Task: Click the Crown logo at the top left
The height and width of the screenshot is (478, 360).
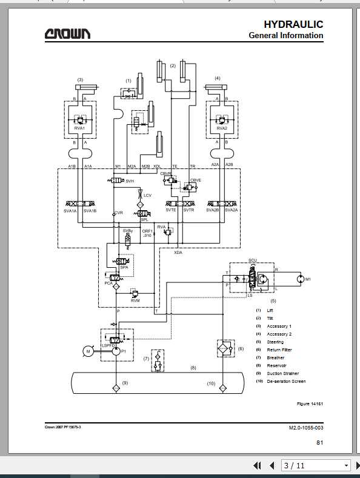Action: point(67,34)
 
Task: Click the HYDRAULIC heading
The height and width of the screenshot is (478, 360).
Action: point(293,24)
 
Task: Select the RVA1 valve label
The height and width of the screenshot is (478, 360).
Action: point(80,128)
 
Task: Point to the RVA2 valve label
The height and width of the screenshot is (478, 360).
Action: point(222,128)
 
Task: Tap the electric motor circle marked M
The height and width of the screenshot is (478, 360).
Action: point(88,351)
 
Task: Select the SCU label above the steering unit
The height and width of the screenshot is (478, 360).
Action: point(253,261)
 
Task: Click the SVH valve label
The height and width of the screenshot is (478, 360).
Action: point(130,181)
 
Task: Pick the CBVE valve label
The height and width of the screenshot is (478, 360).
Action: point(196,181)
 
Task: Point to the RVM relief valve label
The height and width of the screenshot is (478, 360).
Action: point(136,300)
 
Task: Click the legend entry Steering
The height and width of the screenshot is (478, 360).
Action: point(275,342)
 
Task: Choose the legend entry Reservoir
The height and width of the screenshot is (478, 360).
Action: point(276,366)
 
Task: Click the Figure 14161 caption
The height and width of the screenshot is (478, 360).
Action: point(309,403)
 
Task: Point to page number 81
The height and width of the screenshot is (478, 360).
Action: point(319,443)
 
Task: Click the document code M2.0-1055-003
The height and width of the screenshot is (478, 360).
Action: point(305,427)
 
